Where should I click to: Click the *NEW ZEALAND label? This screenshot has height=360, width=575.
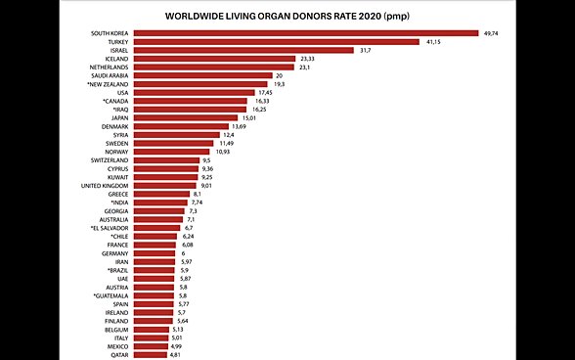(x=106, y=84)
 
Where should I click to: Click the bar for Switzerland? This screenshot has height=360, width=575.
(x=165, y=160)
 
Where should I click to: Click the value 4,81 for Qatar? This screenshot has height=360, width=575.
(x=175, y=354)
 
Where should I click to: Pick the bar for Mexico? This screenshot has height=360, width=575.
(x=150, y=346)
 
